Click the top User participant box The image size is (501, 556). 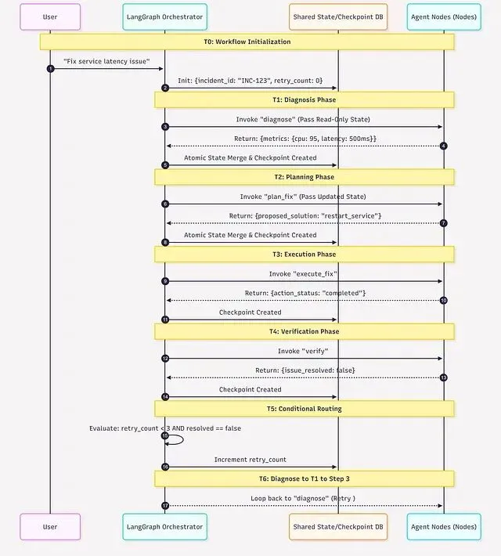(50, 16)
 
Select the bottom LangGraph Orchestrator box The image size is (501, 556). (164, 527)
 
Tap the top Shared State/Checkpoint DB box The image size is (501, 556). (338, 16)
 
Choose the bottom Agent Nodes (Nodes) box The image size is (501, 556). (444, 527)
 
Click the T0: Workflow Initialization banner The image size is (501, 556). (247, 42)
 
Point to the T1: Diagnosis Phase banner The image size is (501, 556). (305, 99)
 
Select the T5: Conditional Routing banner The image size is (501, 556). (305, 409)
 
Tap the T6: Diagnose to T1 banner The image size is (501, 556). (305, 478)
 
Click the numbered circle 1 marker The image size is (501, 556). (51, 69)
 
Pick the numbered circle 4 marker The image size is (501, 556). (443, 146)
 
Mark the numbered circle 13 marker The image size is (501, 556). (443, 377)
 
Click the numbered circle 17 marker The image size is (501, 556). (165, 505)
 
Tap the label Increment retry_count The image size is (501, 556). (250, 459)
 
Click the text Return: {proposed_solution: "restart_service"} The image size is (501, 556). (305, 215)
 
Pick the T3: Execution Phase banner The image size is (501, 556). (305, 254)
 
